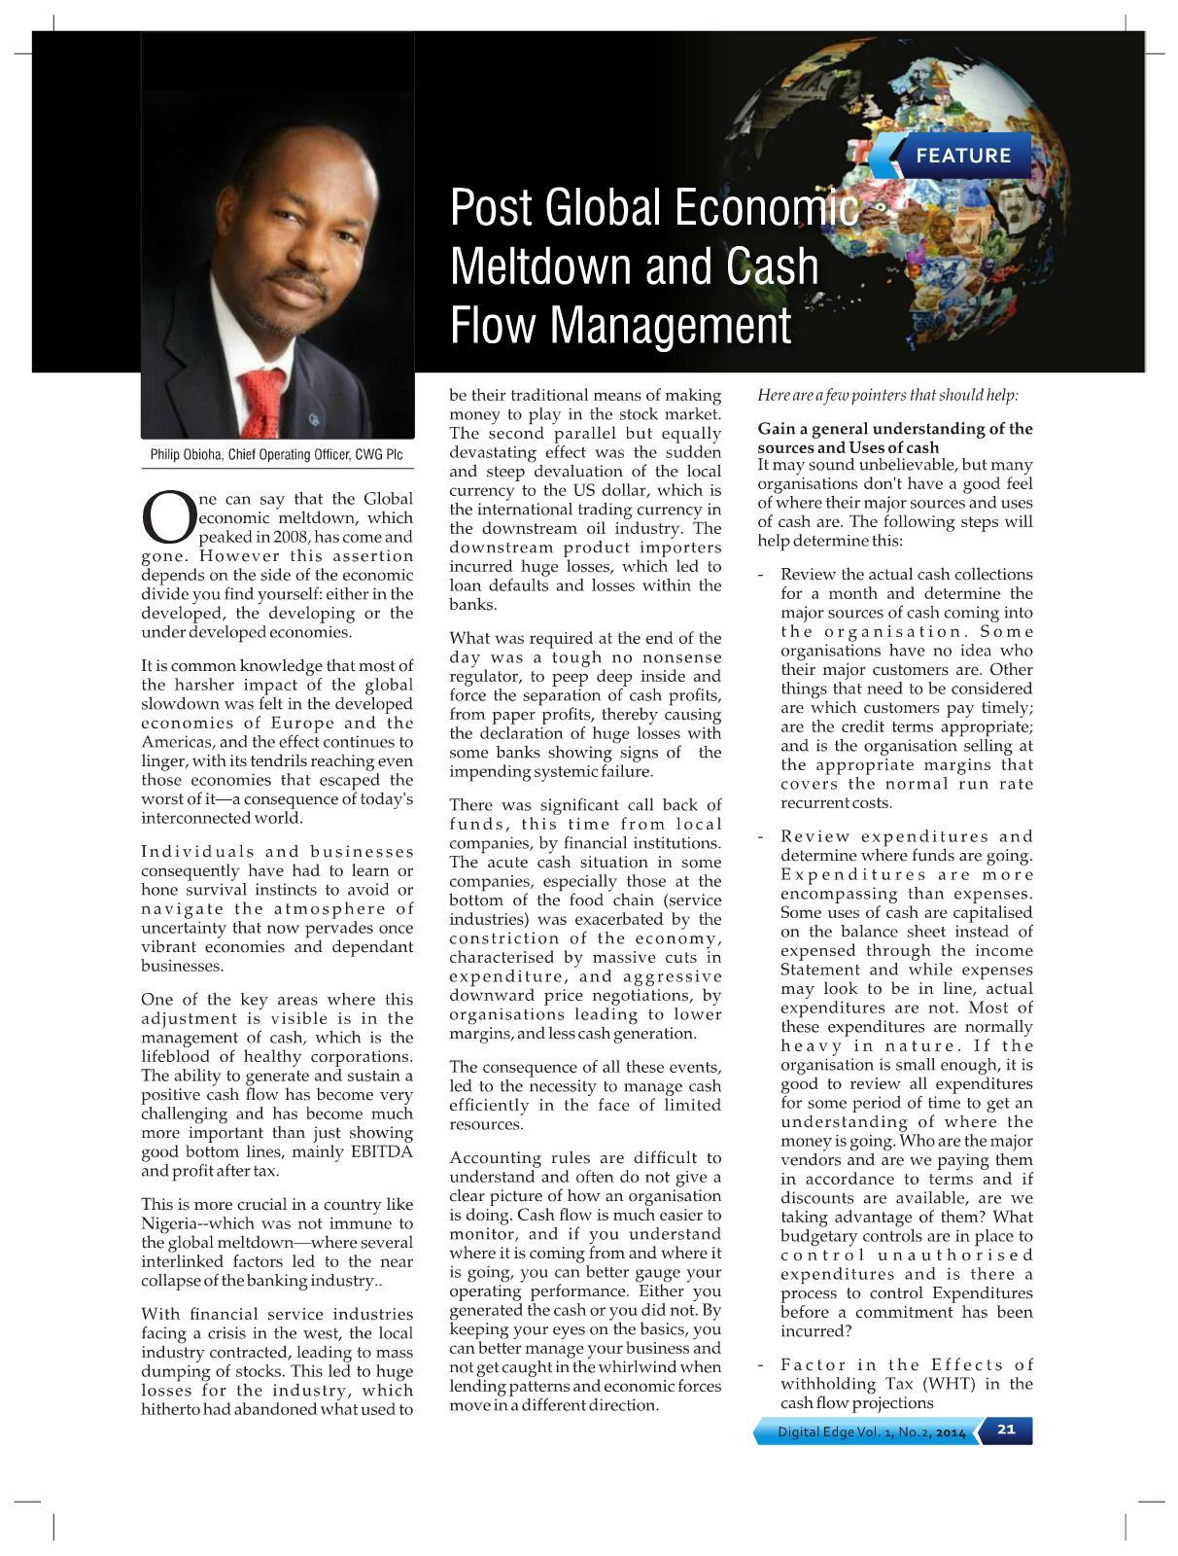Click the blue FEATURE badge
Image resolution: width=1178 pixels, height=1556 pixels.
(x=961, y=156)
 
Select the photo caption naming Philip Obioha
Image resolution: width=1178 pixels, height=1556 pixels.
(x=277, y=454)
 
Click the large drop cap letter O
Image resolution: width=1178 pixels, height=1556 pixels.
(x=168, y=518)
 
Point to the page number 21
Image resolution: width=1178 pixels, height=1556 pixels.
(x=1006, y=1430)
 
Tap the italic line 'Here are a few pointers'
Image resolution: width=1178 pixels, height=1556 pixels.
(x=887, y=395)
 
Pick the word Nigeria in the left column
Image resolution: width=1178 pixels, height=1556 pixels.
(x=170, y=1223)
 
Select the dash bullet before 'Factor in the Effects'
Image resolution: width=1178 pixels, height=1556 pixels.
(x=763, y=1365)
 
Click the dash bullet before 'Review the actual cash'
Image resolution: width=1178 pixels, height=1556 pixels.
(x=763, y=575)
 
